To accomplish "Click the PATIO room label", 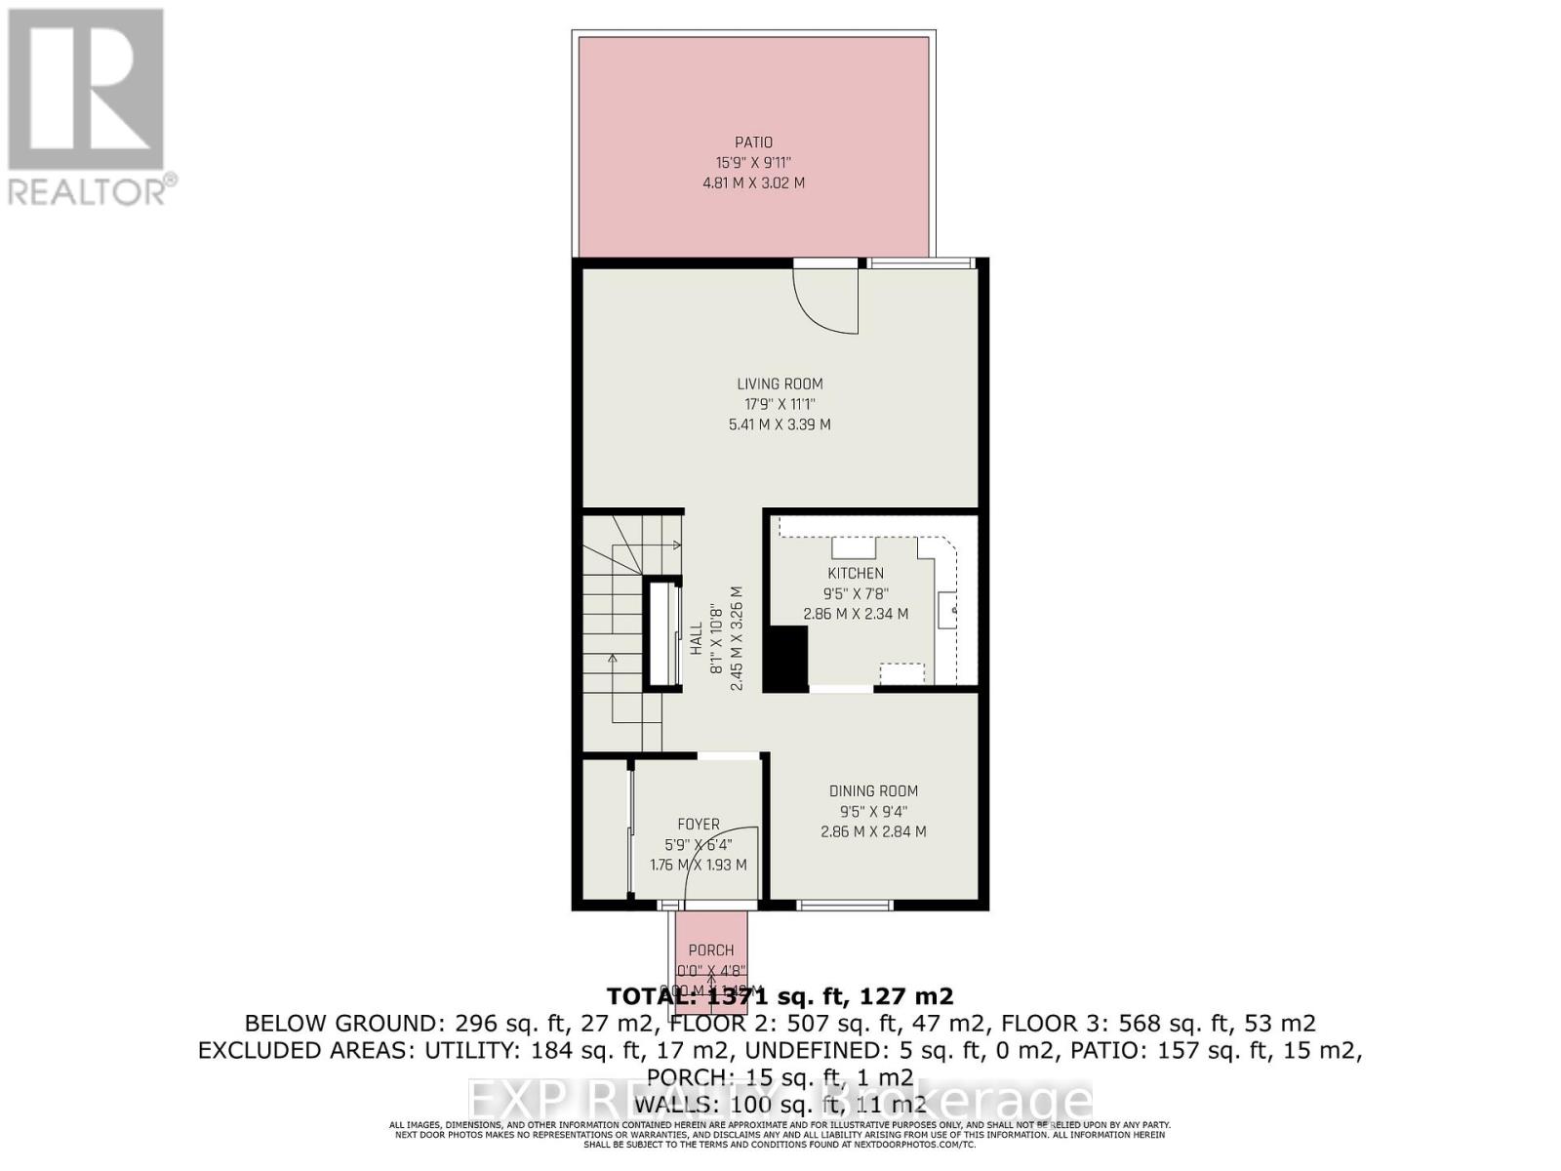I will tap(753, 142).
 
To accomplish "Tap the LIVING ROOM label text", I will tap(780, 384).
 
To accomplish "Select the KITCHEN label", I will tap(856, 573).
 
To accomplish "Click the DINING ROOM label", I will tap(873, 790).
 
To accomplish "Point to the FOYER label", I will tap(699, 825).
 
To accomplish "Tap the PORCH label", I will tap(711, 949).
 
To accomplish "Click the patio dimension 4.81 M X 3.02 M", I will tap(753, 182).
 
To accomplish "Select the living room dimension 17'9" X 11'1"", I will tap(780, 404).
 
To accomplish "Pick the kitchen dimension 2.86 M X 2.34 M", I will tap(856, 614).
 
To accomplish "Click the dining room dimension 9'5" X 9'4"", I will tap(873, 811).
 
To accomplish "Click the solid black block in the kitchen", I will tap(785, 659).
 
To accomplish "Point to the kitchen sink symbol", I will tap(947, 610).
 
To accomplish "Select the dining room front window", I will tap(844, 906).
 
